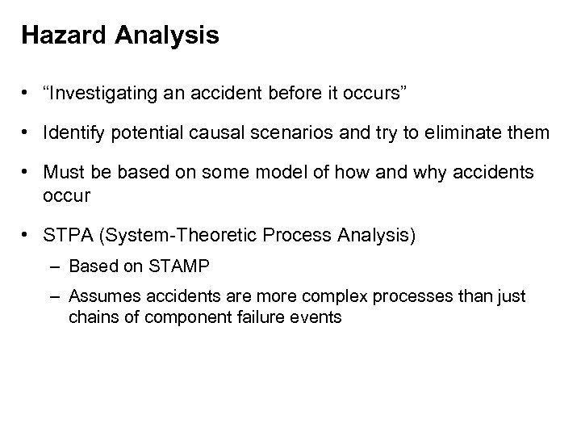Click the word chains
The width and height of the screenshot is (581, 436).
[x=90, y=317]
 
